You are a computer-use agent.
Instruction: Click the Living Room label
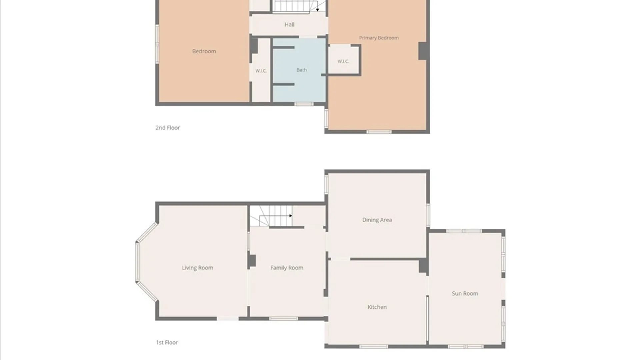(x=197, y=268)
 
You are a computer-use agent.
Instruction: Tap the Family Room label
(x=287, y=268)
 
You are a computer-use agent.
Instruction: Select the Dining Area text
(x=377, y=220)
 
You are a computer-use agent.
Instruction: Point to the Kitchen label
(x=377, y=307)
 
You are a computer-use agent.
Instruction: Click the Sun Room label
(x=465, y=293)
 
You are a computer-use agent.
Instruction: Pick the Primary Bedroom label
(x=379, y=38)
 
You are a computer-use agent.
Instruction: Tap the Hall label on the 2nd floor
(x=289, y=24)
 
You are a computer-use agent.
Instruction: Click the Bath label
(x=302, y=70)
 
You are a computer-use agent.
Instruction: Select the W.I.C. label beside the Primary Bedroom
(x=343, y=61)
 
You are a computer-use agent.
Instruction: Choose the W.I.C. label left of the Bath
(x=261, y=71)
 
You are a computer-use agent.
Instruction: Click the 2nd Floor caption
(x=168, y=128)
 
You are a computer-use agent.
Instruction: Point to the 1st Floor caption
(x=167, y=342)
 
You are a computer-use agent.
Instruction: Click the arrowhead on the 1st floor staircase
(x=291, y=216)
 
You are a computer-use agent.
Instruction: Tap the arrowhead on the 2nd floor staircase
(x=317, y=10)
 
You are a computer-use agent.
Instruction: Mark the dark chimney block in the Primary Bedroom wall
(x=423, y=51)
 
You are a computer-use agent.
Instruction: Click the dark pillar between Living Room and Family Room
(x=252, y=261)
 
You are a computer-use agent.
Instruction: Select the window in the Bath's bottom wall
(x=304, y=104)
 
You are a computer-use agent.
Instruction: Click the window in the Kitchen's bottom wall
(x=374, y=347)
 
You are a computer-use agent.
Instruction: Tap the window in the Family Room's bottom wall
(x=283, y=319)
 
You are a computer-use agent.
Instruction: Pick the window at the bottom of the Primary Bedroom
(x=379, y=132)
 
